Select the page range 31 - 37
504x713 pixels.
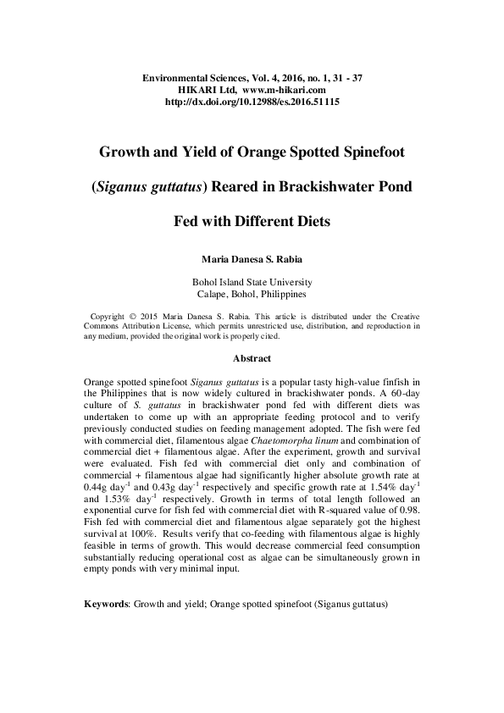[344, 78]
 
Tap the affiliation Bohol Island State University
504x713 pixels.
[252, 282]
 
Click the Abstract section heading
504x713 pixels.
[252, 358]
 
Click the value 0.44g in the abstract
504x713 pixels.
[100, 488]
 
